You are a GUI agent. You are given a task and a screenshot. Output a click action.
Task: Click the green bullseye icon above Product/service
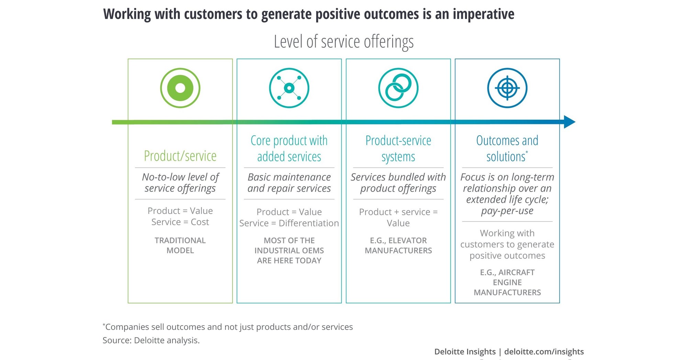[180, 88]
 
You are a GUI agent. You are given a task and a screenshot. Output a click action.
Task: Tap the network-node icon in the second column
[289, 88]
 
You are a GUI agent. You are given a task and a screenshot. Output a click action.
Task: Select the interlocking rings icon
[398, 88]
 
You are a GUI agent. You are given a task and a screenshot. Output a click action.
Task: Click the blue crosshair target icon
[507, 88]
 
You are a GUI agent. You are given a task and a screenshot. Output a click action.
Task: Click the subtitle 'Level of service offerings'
[344, 42]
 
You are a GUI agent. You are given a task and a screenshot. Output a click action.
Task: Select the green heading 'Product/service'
[180, 156]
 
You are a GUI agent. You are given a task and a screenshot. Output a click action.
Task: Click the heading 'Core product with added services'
[289, 149]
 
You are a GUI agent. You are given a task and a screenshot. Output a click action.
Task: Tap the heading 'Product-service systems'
[398, 149]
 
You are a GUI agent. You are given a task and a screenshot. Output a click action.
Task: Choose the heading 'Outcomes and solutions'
[507, 149]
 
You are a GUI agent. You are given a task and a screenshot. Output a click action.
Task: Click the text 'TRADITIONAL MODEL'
[180, 245]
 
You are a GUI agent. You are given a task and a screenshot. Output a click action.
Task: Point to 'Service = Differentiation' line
[289, 223]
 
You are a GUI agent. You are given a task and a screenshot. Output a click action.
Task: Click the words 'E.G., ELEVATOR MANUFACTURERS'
[398, 245]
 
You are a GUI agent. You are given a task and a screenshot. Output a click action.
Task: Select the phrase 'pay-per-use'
[507, 211]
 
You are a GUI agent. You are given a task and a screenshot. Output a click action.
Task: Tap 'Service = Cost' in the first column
[180, 222]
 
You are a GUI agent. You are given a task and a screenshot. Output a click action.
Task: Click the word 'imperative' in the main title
[483, 14]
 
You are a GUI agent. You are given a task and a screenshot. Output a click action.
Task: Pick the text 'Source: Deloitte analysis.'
[151, 340]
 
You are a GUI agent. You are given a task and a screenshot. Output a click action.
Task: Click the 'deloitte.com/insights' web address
[544, 351]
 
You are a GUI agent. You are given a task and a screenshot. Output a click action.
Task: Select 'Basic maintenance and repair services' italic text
[289, 183]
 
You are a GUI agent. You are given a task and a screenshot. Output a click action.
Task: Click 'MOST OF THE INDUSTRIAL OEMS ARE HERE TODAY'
[289, 250]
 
